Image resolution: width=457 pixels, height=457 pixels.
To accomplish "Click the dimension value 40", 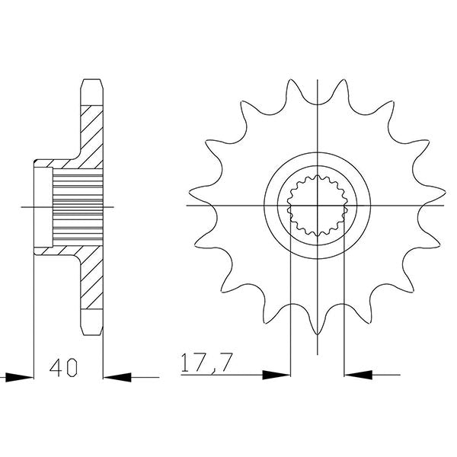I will coord(63,369).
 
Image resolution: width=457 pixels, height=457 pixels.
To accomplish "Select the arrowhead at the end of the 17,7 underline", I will coord(277,375).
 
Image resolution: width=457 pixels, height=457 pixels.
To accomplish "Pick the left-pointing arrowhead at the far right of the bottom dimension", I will coord(357,375).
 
